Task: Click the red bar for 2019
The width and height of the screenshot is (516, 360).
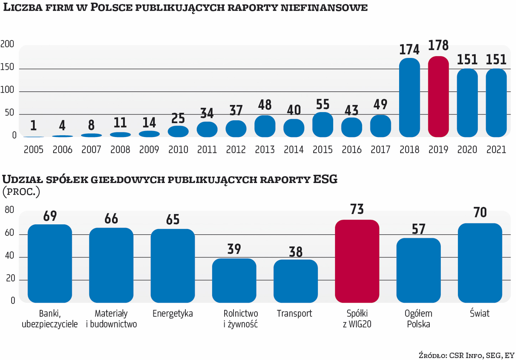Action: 438,97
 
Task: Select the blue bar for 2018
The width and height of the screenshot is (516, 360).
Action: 409,97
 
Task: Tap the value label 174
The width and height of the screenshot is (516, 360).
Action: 409,50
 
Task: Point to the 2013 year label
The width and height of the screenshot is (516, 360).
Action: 265,150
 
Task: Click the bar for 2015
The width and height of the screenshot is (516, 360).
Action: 322,125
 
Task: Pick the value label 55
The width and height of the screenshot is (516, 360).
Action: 322,105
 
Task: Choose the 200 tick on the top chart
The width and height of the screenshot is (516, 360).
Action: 7,44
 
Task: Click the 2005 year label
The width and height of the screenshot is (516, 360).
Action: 34,150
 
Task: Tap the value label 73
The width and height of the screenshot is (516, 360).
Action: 357,209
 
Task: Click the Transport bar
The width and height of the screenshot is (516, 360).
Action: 295,281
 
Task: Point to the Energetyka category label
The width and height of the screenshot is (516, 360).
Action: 173,313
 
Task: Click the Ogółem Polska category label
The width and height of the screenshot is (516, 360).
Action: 418,319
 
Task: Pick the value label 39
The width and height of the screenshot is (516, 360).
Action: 234,249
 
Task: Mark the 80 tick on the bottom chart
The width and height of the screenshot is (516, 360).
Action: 9,210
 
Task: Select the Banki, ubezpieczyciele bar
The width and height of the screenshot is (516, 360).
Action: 50,263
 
